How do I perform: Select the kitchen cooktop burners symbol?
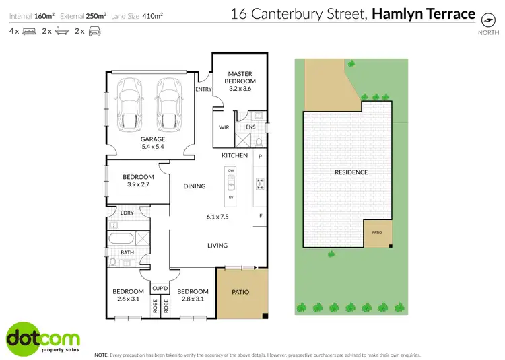pos(260,184)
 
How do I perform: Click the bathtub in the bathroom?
pos(121,238)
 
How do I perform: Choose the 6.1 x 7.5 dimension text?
pos(217,217)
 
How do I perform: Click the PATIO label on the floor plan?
pos(240,292)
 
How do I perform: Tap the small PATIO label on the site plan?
pos(377,233)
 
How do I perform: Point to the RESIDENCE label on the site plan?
pos(351,172)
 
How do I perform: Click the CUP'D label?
pos(159,287)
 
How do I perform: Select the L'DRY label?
pos(127,213)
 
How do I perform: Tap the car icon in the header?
pos(94,31)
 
